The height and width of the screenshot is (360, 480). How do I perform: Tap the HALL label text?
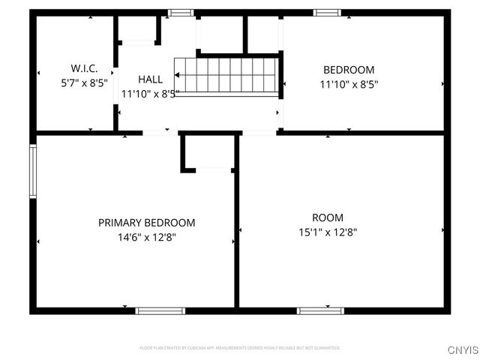pos(150,79)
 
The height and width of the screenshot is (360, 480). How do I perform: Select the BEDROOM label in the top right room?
pos(348,70)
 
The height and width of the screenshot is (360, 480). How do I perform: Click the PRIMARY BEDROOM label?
pos(147,223)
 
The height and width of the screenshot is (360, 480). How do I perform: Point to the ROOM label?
pos(327,217)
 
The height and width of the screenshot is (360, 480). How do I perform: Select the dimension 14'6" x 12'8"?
pos(147,237)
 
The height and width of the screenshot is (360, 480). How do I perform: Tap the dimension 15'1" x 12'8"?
pos(327,232)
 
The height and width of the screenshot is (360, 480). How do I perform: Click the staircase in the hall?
pos(226,76)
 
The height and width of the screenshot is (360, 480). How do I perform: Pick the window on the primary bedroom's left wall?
pos(32,171)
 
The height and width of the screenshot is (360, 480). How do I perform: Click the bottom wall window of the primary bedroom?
pos(160,310)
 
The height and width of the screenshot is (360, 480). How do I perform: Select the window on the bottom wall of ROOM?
pos(320,310)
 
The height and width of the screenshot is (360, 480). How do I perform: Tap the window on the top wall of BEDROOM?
pos(326,12)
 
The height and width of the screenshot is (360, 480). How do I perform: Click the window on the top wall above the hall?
pos(180,12)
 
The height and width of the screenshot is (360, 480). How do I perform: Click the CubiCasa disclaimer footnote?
pos(240,348)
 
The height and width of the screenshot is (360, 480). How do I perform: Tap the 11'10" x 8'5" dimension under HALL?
pos(150,94)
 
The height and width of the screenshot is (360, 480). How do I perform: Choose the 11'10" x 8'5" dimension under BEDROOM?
pos(348,85)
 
